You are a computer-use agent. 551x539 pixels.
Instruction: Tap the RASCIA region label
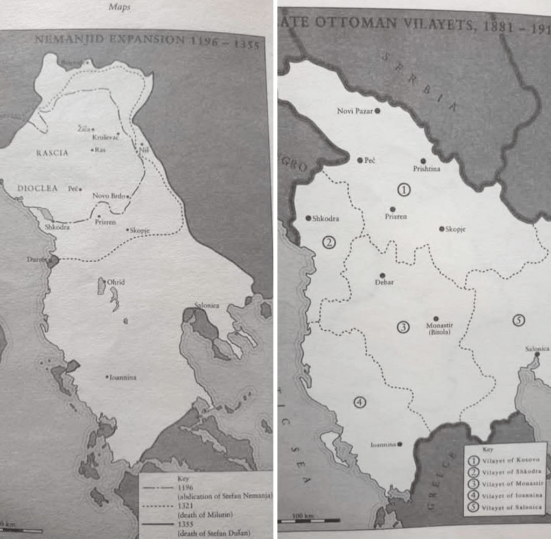pos(52,153)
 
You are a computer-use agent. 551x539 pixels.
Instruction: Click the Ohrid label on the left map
pos(115,282)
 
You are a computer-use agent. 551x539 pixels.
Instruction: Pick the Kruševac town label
pos(105,137)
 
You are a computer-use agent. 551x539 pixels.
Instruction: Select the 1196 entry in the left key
pos(183,487)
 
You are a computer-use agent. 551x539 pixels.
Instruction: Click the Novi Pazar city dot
pos(378,111)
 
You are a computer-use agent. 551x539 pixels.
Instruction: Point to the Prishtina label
pos(427,169)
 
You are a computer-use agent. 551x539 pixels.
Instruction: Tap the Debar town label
pos(384,282)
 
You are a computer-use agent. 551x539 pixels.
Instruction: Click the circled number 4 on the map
pos(360,401)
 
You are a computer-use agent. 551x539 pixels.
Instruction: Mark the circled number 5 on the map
pos(518,320)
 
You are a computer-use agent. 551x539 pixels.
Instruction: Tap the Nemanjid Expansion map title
pos(146,42)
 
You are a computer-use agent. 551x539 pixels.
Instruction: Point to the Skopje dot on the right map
pos(442,229)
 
